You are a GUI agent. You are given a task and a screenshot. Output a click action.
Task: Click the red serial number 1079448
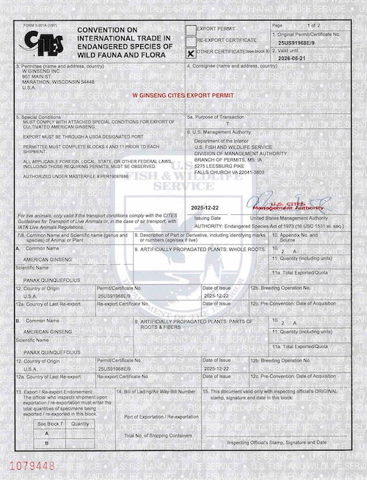click(x=27, y=464)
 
